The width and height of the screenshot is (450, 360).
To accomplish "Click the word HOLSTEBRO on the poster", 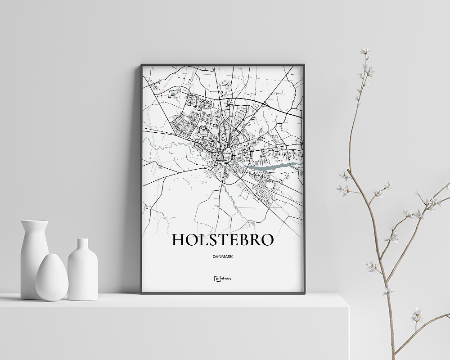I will [223, 240].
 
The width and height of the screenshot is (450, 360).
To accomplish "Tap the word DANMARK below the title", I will [223, 256].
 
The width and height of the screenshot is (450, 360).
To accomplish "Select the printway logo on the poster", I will [223, 278].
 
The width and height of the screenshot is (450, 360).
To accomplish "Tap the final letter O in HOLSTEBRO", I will [266, 240].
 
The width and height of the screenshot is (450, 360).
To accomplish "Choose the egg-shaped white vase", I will [52, 278].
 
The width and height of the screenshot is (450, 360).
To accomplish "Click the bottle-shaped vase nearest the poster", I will [82, 270].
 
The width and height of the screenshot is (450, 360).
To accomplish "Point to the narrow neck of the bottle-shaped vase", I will [83, 245].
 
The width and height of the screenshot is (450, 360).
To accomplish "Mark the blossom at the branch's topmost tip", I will [364, 51].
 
